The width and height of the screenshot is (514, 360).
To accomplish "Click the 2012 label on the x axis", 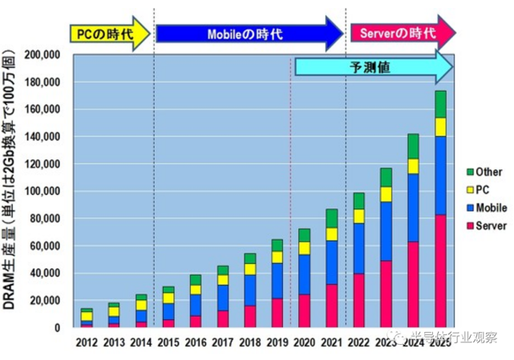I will (86, 342).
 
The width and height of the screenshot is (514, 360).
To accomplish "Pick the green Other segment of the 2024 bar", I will (413, 146).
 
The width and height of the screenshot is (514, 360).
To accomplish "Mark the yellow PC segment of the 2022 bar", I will (358, 216).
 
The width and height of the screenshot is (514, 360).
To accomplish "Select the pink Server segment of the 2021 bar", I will (331, 305).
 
